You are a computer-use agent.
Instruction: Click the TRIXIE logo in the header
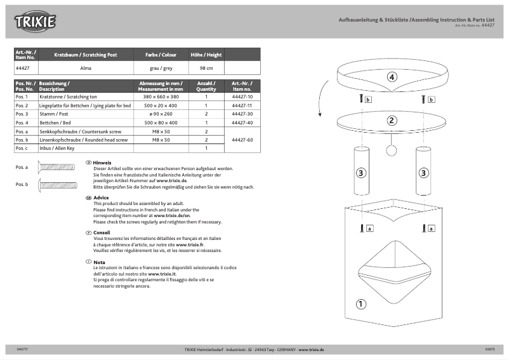[36, 22]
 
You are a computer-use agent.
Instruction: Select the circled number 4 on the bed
[392, 77]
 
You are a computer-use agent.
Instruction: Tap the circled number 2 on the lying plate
[392, 120]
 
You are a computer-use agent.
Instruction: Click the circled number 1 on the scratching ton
[361, 303]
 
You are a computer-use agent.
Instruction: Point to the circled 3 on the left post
[360, 172]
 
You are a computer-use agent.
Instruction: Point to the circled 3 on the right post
[423, 172]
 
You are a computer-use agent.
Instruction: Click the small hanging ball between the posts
[392, 150]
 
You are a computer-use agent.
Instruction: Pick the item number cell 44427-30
[242, 114]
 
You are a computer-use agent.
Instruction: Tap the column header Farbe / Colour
[161, 55]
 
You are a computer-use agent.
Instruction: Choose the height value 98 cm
[206, 67]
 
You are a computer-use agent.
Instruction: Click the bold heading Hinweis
[102, 163]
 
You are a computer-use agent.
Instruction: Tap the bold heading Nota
[99, 262]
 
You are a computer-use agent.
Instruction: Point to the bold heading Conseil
[102, 232]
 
